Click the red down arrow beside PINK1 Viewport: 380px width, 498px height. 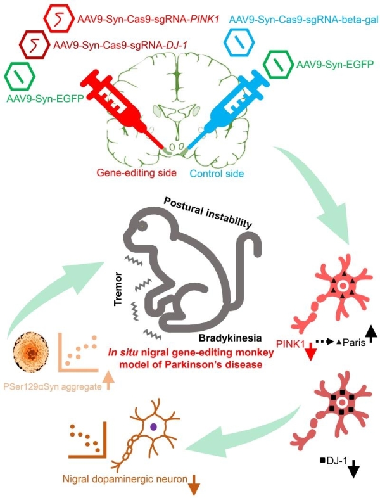pos(311,352)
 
